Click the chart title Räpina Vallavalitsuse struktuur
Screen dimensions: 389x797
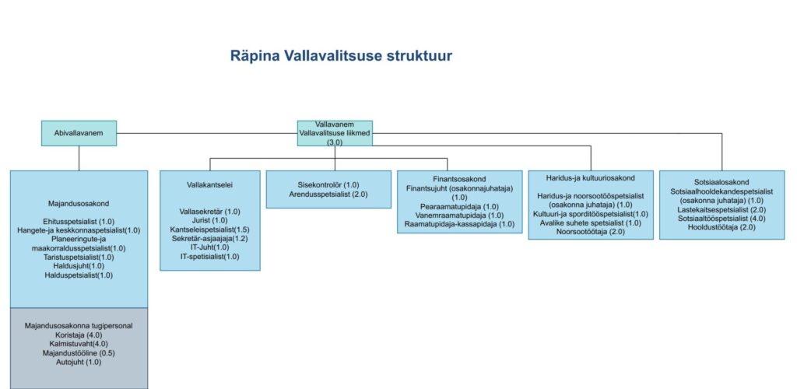pos(341,56)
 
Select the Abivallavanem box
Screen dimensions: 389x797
pos(79,133)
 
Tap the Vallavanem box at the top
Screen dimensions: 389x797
pos(335,133)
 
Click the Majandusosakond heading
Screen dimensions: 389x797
pos(79,204)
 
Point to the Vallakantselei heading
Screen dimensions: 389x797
pos(210,185)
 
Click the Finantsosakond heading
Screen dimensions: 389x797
pos(459,179)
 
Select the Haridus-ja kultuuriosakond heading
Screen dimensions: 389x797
pos(590,178)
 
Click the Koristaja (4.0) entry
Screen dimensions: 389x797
pos(79,335)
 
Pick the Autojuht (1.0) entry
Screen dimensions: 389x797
pos(79,362)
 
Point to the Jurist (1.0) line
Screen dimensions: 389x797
pos(210,220)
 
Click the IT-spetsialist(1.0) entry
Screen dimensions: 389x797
pos(210,256)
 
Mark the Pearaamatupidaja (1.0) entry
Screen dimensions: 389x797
pos(459,206)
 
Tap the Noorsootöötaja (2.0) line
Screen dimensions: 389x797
pos(590,232)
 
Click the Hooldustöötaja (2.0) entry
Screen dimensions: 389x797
pos(721,226)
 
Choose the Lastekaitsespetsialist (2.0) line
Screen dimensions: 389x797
pos(721,209)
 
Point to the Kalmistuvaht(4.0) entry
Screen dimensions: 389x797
pos(79,344)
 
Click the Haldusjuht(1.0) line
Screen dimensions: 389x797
pos(79,265)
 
